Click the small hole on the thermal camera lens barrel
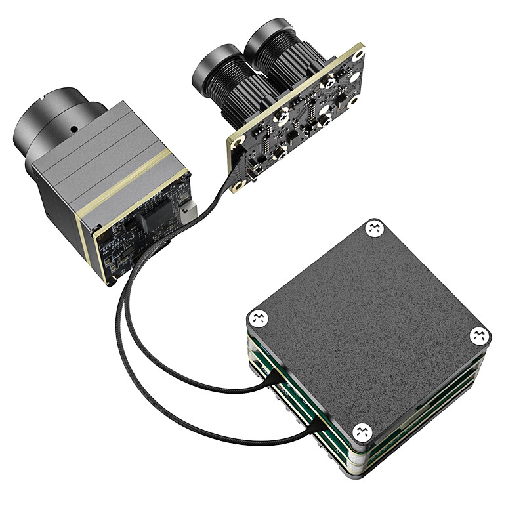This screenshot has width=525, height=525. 73,128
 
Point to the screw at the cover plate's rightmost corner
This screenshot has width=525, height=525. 480,335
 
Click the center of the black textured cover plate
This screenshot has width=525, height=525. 367,328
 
